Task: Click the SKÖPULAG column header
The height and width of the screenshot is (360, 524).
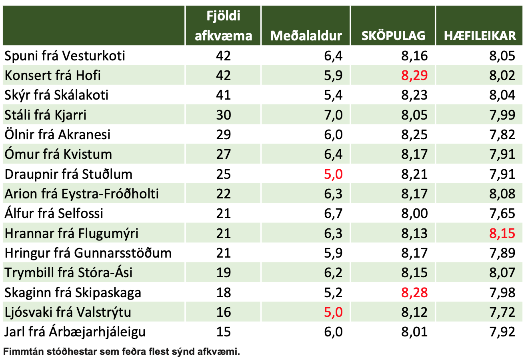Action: point(393,36)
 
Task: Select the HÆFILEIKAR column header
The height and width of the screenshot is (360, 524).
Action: point(480,36)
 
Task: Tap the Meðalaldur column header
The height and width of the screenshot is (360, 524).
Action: point(306,36)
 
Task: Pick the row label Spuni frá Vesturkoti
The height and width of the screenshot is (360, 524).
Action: point(65,56)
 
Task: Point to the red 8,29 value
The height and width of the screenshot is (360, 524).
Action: point(414,75)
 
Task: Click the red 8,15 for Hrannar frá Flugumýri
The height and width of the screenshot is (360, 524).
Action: point(502,233)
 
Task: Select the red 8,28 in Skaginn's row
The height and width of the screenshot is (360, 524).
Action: point(414,292)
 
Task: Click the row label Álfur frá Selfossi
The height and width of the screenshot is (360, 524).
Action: point(54,213)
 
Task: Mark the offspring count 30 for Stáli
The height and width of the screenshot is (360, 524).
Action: point(223,115)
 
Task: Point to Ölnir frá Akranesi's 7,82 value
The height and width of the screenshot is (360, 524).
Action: point(502,134)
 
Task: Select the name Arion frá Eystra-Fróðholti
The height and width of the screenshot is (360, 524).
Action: point(82,194)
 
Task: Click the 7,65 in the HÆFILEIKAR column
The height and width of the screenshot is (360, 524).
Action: point(502,213)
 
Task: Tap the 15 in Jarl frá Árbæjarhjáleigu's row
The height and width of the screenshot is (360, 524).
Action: point(223,332)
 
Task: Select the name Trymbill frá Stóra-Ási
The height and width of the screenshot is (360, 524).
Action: point(68,273)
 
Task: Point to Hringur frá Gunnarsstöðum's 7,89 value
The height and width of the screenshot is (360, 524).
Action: point(502,253)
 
